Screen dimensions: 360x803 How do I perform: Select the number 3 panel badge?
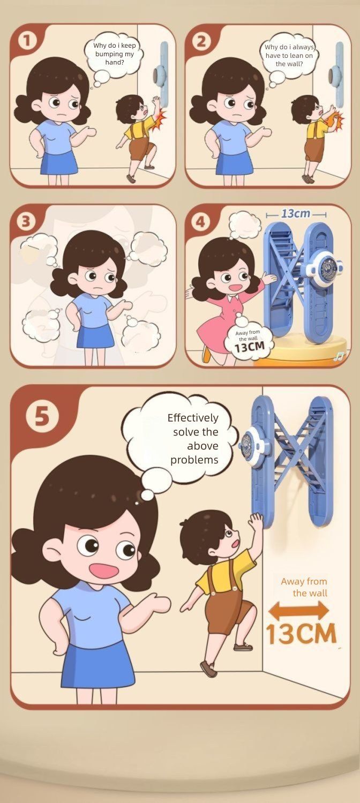tap(26, 222)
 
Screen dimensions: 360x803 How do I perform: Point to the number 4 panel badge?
tap(201, 222)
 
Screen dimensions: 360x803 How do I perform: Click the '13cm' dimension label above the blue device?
tap(296, 214)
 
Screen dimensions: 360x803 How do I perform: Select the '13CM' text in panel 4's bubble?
tap(249, 347)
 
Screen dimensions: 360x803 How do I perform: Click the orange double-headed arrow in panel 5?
tap(299, 611)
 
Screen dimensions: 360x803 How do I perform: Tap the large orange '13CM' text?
tap(301, 634)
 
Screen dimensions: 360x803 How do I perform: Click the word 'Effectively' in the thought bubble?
tap(193, 418)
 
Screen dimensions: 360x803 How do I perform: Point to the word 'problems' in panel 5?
tap(194, 460)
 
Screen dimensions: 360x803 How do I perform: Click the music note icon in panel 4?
tap(339, 356)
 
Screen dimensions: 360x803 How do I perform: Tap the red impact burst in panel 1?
tap(160, 120)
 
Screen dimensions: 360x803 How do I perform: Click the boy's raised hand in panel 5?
tap(256, 522)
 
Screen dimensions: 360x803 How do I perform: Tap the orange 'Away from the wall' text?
tap(304, 587)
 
